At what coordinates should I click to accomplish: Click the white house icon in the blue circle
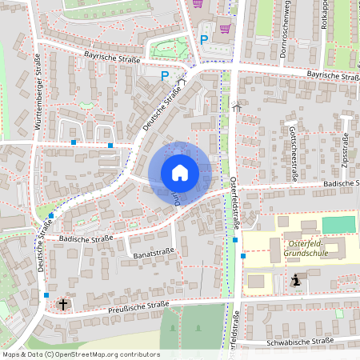click(180, 173)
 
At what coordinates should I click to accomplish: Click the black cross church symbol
click(63, 304)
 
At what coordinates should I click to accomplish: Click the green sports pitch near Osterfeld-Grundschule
click(337, 225)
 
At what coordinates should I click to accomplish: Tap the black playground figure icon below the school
click(298, 280)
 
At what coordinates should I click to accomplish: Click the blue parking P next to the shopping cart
click(204, 38)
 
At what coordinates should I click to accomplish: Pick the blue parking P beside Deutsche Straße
click(165, 76)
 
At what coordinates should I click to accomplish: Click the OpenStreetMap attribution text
click(82, 354)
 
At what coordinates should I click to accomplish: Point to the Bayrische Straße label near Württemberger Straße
click(112, 57)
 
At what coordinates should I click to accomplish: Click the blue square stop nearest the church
click(46, 295)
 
